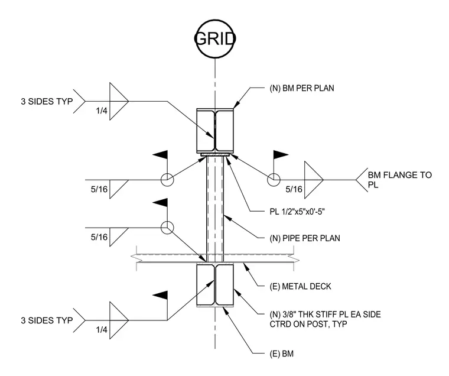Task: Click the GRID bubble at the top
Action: click(x=215, y=38)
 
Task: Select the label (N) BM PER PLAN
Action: click(x=302, y=88)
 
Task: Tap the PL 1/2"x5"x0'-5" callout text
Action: click(x=297, y=212)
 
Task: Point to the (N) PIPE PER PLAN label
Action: click(x=305, y=238)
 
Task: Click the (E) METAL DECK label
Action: click(x=300, y=286)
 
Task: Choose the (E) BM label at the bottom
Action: click(x=281, y=354)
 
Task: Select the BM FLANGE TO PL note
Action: click(x=400, y=180)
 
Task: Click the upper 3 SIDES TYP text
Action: click(x=47, y=101)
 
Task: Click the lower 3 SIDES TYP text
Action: click(x=47, y=320)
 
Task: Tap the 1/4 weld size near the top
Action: click(x=102, y=111)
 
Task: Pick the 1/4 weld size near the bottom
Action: click(x=102, y=330)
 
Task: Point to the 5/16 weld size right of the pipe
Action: click(x=294, y=189)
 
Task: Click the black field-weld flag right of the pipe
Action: click(x=281, y=155)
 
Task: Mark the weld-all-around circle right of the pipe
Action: click(x=274, y=180)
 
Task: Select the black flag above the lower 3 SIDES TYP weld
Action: click(x=160, y=296)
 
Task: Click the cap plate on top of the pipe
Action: click(x=215, y=155)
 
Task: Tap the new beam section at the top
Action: click(x=215, y=131)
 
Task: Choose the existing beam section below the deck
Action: click(x=215, y=285)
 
